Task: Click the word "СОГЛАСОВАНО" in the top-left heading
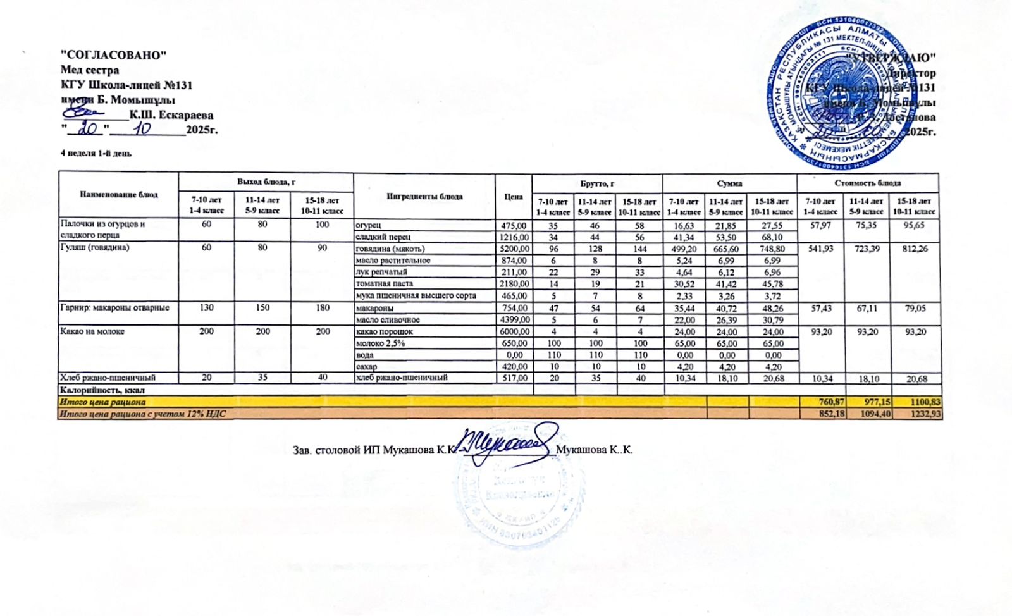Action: tap(113, 55)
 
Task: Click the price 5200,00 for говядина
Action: tap(513, 249)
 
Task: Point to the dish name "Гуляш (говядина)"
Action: tap(94, 248)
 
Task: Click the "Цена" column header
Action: tap(513, 197)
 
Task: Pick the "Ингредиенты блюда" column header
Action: tap(424, 197)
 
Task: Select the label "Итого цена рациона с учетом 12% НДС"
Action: tap(142, 414)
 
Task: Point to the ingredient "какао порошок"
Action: tap(385, 331)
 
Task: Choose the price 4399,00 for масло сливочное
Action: tap(513, 320)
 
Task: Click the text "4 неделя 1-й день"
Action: tap(96, 153)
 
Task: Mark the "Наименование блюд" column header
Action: tap(119, 195)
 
